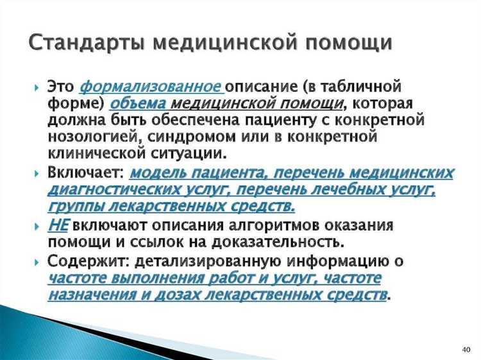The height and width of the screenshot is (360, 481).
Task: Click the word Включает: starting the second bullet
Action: point(85,173)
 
